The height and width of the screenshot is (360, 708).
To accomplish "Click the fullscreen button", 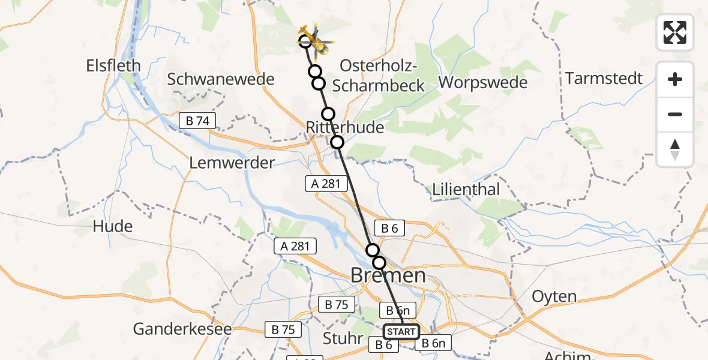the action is click(x=675, y=32).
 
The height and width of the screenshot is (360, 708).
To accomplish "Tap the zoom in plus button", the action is click(x=675, y=79).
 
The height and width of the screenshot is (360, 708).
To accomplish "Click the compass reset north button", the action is click(x=675, y=149).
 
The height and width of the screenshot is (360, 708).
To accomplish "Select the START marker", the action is click(x=401, y=332).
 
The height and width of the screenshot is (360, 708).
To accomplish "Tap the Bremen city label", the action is click(x=388, y=276).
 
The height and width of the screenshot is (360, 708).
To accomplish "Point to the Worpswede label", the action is click(x=483, y=83).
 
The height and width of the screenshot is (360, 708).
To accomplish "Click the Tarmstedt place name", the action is click(x=604, y=79).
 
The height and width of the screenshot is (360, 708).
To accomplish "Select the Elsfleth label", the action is click(x=113, y=65).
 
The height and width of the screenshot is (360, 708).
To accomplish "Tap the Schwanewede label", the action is click(x=221, y=79).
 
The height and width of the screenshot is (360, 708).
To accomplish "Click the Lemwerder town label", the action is click(x=232, y=163).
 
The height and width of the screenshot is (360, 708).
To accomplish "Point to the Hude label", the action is click(x=113, y=227).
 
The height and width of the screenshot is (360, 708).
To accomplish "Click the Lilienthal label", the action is click(x=466, y=190).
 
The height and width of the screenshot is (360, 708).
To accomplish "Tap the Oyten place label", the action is click(x=554, y=296).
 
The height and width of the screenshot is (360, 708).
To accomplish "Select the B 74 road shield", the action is click(x=197, y=121).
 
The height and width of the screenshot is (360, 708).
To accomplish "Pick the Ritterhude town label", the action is click(x=344, y=127).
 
